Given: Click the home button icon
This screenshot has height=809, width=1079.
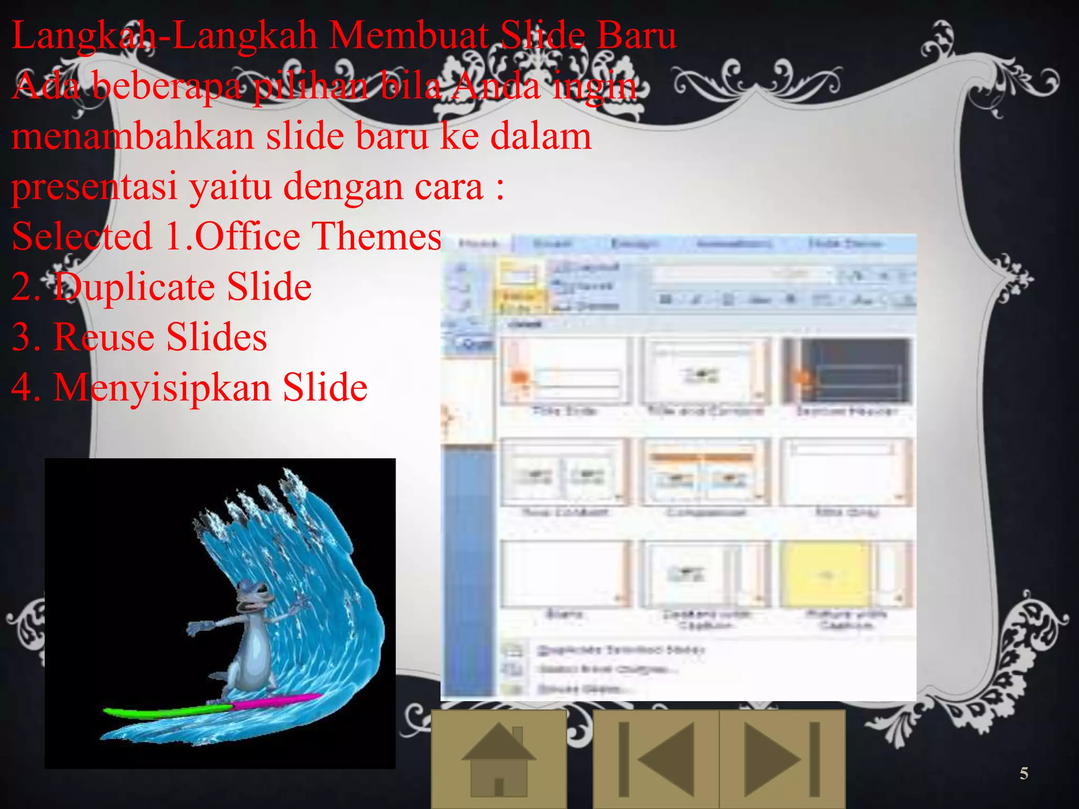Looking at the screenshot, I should [498, 759].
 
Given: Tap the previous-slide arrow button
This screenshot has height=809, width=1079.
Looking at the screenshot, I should [656, 759].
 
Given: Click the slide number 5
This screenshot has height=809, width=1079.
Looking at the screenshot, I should [1024, 773].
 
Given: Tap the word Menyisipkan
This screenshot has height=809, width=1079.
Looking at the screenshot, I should [162, 387].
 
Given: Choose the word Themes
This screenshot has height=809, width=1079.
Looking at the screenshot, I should [377, 236].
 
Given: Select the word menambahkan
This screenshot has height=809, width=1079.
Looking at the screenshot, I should [133, 136].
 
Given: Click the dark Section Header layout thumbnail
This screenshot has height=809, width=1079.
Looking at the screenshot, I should [847, 371].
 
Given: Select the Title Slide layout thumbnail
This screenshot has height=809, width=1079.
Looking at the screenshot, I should [565, 371].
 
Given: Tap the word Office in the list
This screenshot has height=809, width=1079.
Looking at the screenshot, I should [248, 236].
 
